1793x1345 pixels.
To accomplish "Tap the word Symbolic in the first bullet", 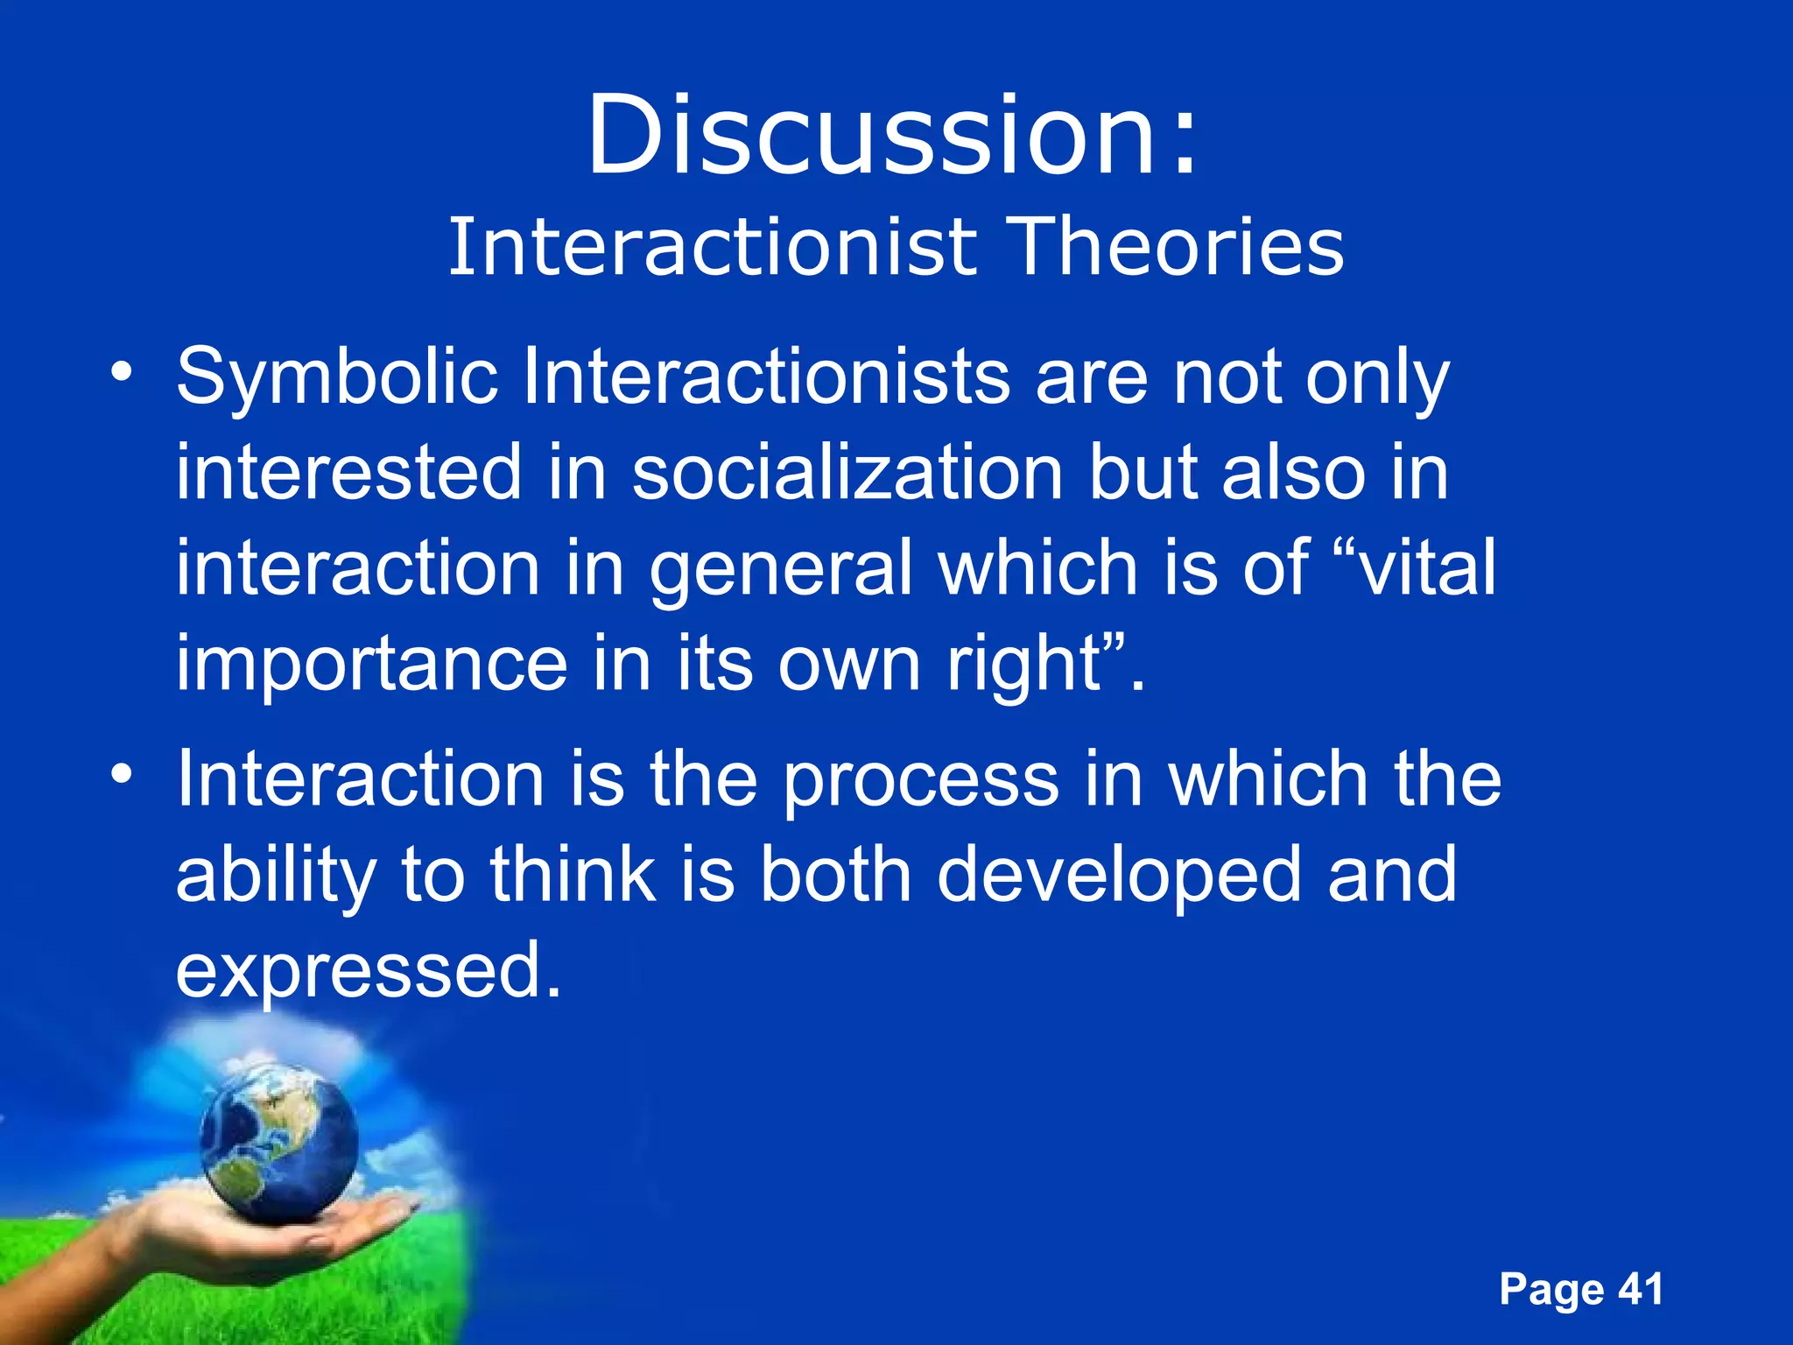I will [x=337, y=378].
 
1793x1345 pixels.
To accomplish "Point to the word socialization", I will [x=847, y=473].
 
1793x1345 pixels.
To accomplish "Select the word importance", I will [x=372, y=664].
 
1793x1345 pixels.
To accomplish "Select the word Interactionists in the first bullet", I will [x=767, y=378].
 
